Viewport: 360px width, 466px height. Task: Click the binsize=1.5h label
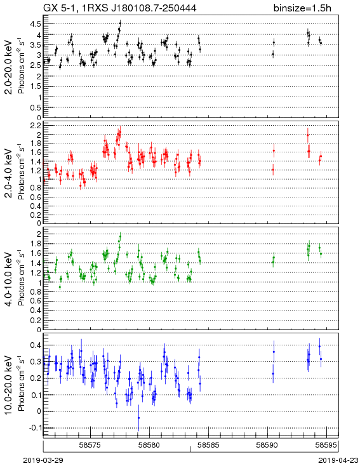pyautogui.click(x=302, y=8)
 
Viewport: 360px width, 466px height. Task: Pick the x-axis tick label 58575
pyautogui.click(x=91, y=445)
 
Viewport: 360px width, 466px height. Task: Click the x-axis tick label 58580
pyautogui.click(x=150, y=445)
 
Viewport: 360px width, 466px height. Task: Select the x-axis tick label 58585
pyautogui.click(x=209, y=445)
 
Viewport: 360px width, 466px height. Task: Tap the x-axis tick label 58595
pyautogui.click(x=326, y=445)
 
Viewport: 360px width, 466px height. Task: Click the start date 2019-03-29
pyautogui.click(x=43, y=460)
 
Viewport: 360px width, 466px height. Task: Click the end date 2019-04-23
pyautogui.click(x=338, y=460)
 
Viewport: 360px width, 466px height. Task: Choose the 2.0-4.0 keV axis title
pyautogui.click(x=9, y=173)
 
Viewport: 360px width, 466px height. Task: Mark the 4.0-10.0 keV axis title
pyautogui.click(x=9, y=279)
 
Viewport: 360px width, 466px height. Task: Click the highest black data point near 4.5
pyautogui.click(x=120, y=23)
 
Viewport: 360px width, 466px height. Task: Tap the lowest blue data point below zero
pyautogui.click(x=138, y=418)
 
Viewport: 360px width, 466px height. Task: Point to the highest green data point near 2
pyautogui.click(x=120, y=237)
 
